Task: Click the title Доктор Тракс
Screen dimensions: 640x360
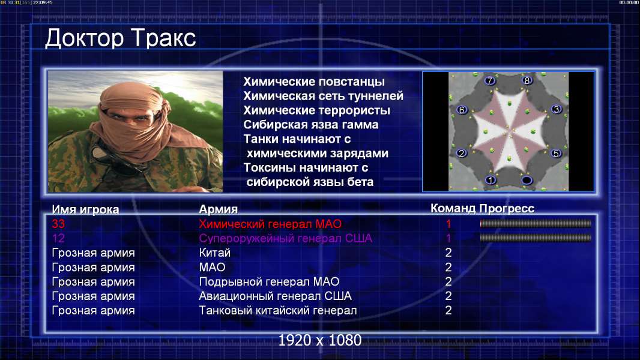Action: pos(121,39)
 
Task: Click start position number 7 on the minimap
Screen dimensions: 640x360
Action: pos(490,81)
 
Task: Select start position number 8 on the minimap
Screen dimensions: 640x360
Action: pos(527,80)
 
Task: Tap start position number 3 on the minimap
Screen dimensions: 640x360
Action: pos(557,109)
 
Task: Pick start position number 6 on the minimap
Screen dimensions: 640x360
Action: pos(462,110)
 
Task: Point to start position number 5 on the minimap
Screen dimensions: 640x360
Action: pos(555,153)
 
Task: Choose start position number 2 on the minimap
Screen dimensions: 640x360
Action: pos(462,153)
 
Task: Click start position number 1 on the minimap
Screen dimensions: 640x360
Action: pos(491,180)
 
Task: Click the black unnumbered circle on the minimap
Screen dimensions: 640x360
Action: pos(527,180)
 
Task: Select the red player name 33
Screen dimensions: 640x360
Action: pos(58,224)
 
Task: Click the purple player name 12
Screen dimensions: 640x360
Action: pos(58,238)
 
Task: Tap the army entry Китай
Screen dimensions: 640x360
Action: pos(215,253)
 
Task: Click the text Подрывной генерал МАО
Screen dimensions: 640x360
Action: pos(269,282)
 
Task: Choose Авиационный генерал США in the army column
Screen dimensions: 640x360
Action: pos(275,296)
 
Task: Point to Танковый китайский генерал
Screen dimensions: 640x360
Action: pos(278,311)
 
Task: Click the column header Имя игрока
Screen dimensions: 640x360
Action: pos(85,209)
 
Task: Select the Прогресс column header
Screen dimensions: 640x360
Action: pos(507,209)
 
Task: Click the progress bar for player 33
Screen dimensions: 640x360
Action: pos(536,223)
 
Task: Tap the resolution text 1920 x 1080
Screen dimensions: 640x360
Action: pos(320,340)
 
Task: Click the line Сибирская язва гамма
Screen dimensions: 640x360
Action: pos(311,125)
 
